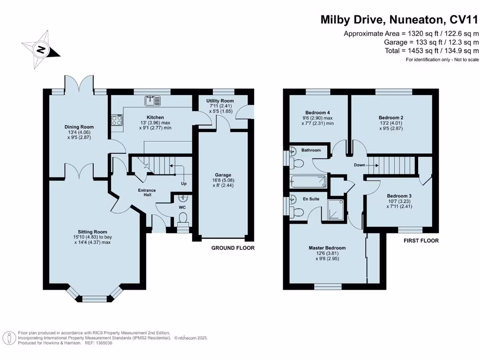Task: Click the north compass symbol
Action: [41, 49]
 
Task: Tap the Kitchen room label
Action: [155, 117]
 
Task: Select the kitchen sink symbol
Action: [152, 99]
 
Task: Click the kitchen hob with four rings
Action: [117, 120]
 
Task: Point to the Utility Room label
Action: [220, 101]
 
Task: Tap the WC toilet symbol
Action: [184, 218]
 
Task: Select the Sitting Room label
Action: [92, 232]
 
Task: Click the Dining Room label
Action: [79, 127]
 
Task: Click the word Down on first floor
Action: [360, 165]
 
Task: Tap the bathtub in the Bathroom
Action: [305, 181]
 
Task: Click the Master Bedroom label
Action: [327, 248]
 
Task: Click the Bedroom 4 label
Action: [318, 112]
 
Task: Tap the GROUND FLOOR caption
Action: [232, 248]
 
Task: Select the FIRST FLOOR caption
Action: [421, 240]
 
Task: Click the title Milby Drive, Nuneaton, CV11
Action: [400, 20]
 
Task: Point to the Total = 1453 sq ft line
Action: [431, 51]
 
